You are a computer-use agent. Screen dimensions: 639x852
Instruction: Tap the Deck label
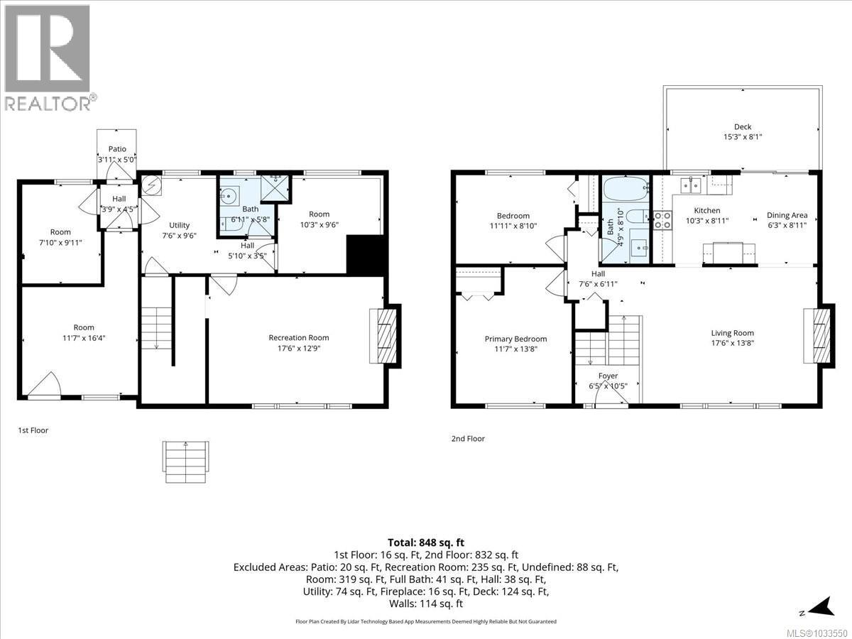click(743, 127)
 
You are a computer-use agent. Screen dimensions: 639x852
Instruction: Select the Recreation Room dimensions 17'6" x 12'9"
click(298, 349)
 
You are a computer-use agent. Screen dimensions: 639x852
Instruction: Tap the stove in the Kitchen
click(662, 220)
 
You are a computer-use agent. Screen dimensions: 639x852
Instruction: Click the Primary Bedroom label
click(515, 339)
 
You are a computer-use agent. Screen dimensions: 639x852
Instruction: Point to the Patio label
click(117, 149)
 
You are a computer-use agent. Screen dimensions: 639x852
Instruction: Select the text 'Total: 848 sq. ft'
click(426, 543)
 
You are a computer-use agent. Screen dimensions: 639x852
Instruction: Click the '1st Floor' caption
click(33, 430)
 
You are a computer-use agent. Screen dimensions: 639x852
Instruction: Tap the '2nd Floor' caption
click(468, 439)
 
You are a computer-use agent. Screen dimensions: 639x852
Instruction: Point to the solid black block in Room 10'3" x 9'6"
click(366, 254)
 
